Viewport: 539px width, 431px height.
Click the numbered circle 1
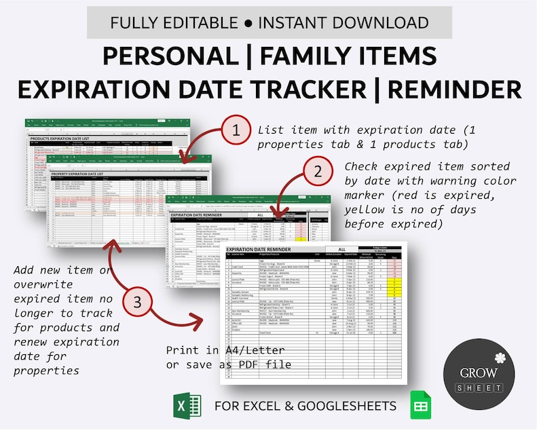236,130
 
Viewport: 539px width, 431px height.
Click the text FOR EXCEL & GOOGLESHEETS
305,407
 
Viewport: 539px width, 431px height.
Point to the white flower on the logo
500,357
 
